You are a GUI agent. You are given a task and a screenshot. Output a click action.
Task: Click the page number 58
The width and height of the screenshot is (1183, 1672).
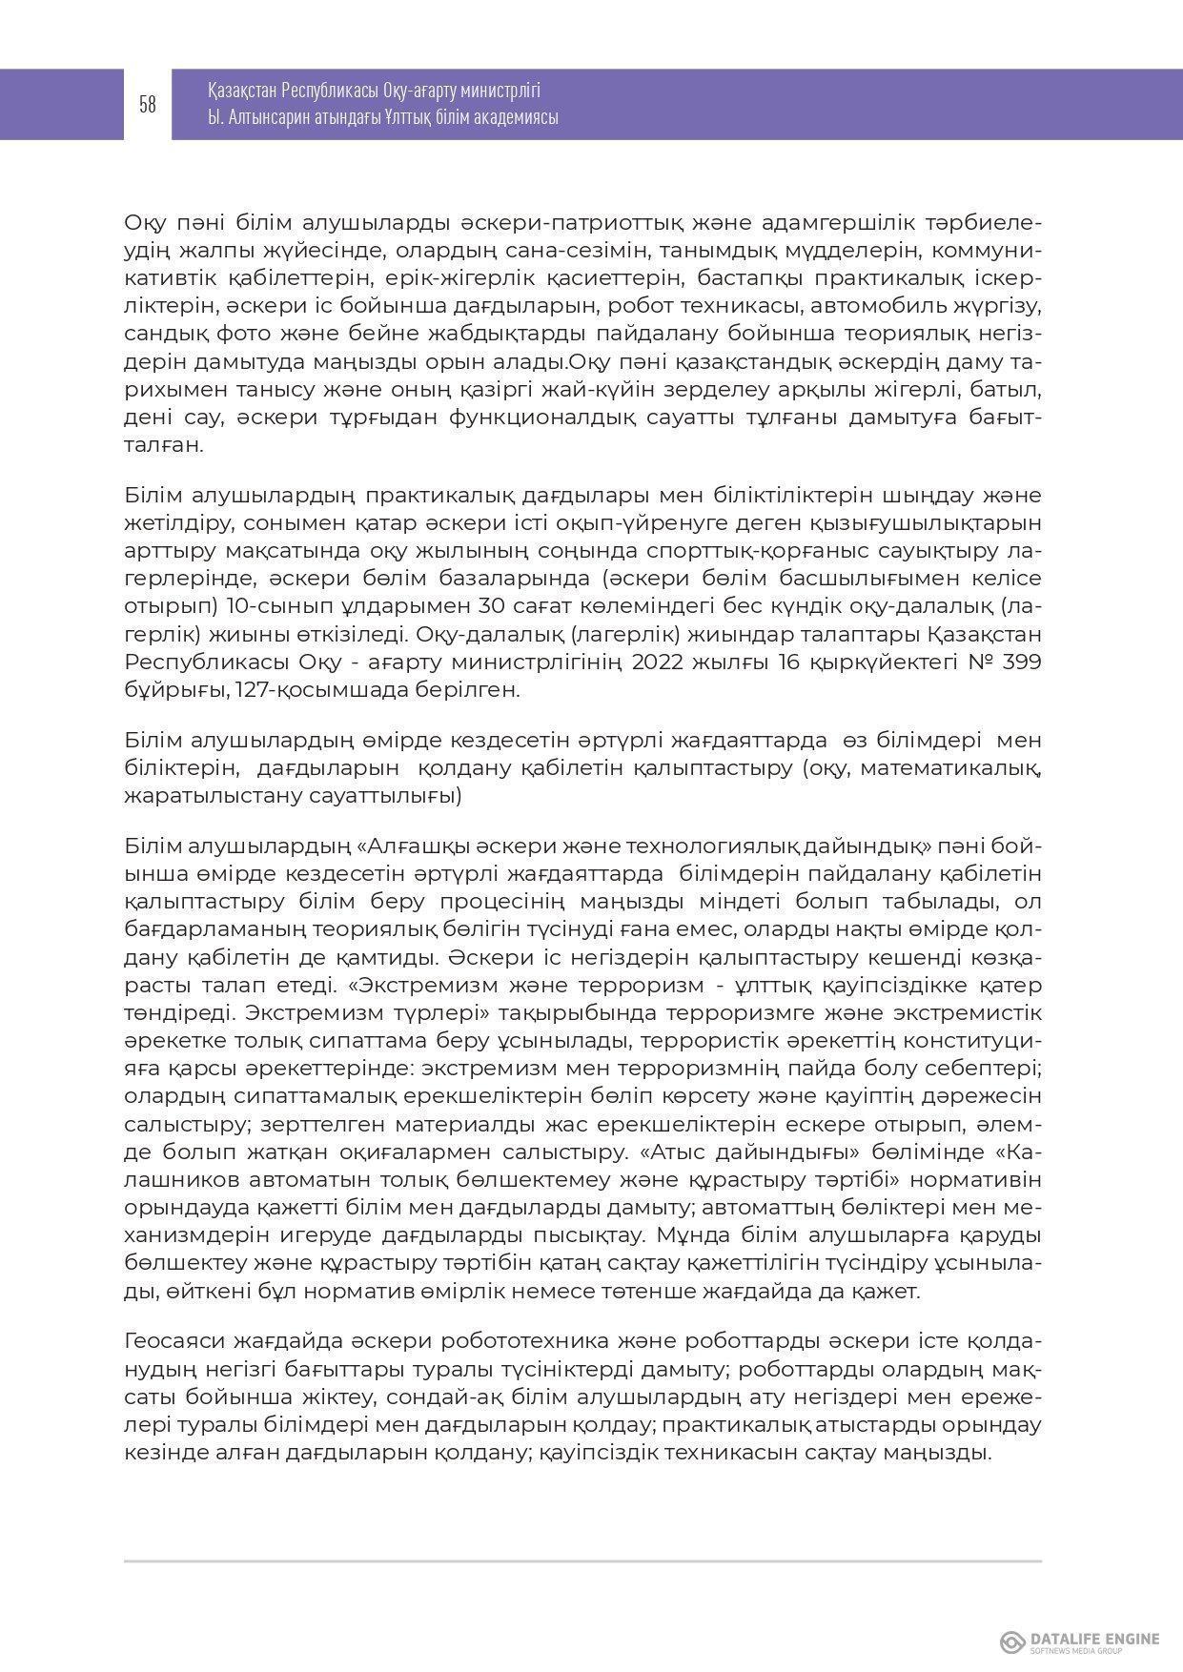tap(148, 105)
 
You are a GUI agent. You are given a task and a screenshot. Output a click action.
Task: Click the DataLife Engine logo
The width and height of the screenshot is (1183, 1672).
tap(1080, 1641)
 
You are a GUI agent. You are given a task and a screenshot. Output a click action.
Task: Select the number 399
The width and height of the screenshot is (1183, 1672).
tap(1020, 663)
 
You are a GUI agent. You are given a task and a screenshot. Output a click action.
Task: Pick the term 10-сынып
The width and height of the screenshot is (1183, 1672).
tap(266, 607)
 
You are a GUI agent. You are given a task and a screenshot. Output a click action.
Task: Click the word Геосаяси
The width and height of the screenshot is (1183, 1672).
tap(174, 1341)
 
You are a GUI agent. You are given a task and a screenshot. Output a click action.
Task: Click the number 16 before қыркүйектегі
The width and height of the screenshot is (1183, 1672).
tap(760, 663)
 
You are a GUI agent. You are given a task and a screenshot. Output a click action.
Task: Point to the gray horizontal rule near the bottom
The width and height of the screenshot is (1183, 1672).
tap(582, 1561)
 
